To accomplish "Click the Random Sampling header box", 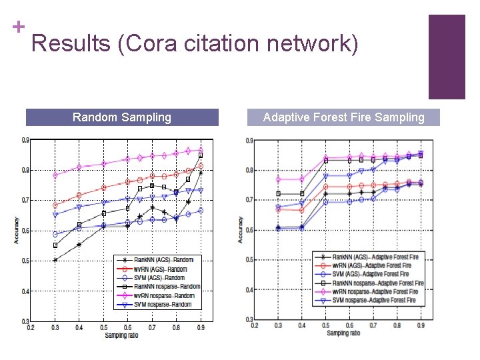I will click(x=122, y=117).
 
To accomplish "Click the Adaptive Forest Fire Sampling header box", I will click(x=343, y=117).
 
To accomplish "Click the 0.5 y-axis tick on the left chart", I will click(x=25, y=261).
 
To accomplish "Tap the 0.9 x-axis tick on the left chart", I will click(x=201, y=327).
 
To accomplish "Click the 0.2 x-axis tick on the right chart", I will click(x=255, y=325).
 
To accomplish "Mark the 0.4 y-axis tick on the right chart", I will click(x=248, y=290).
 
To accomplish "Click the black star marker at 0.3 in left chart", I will click(x=55, y=260).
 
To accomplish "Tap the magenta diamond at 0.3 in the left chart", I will click(x=55, y=175).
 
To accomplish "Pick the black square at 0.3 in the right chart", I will click(x=278, y=193).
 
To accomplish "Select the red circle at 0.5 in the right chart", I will click(x=325, y=187).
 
